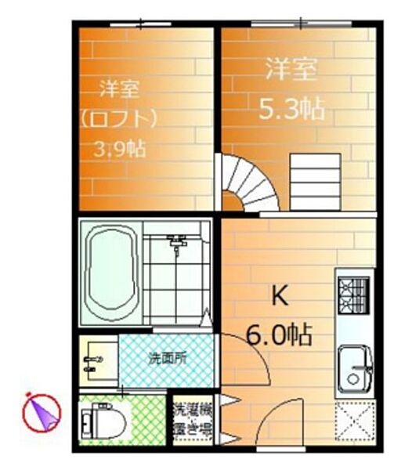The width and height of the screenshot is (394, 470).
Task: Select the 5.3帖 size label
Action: click(x=291, y=110)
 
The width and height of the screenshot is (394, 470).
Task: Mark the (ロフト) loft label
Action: click(x=120, y=119)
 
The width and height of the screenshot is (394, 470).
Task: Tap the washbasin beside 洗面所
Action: click(x=94, y=361)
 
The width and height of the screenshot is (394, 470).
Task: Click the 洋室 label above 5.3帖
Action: click(x=291, y=70)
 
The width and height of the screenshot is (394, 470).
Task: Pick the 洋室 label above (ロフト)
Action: click(x=120, y=89)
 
